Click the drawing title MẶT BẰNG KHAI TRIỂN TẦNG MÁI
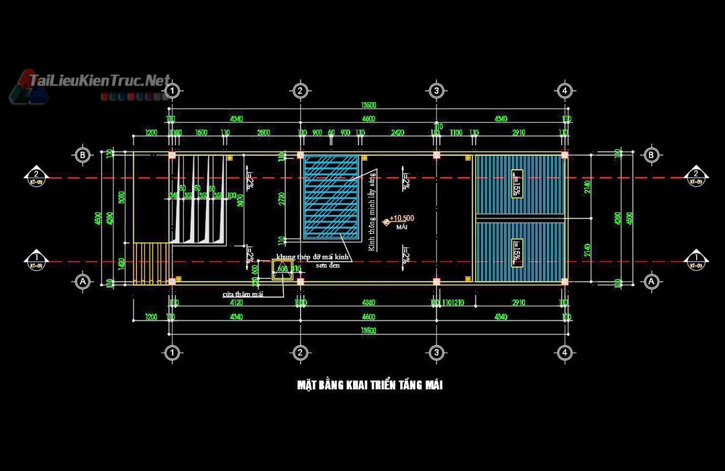point(369,385)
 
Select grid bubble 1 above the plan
point(173,91)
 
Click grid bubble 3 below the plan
point(436,352)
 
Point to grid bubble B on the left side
point(83,155)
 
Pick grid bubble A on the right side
point(650,282)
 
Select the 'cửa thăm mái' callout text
point(243,294)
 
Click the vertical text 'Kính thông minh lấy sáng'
point(371,210)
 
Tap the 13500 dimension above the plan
point(368,105)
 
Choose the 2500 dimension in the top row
point(263,133)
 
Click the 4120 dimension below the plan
point(236,303)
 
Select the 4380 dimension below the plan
point(367,303)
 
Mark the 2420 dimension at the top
point(397,133)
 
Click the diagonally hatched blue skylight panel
point(331,197)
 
